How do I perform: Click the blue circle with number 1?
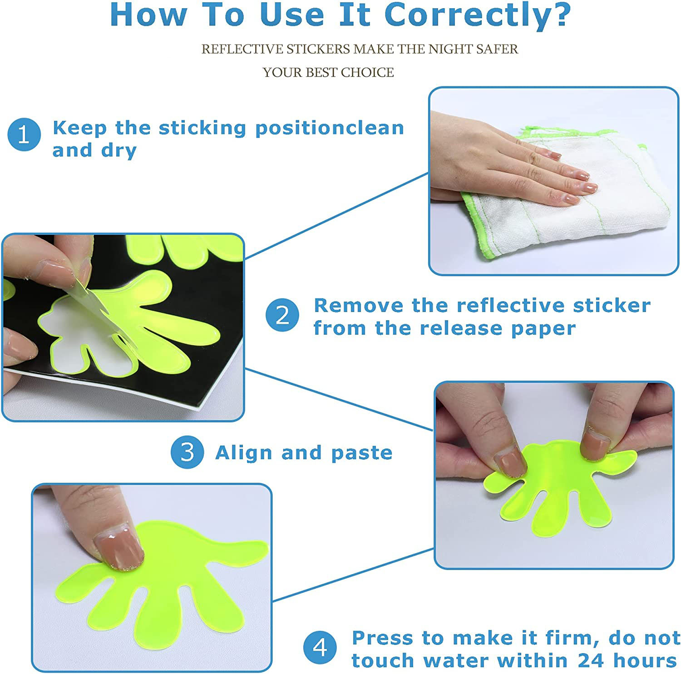[24, 134]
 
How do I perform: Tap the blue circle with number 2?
[282, 315]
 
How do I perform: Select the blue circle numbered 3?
[188, 452]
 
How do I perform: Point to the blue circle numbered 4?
[320, 647]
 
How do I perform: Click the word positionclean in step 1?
[330, 129]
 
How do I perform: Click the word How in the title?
[148, 15]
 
